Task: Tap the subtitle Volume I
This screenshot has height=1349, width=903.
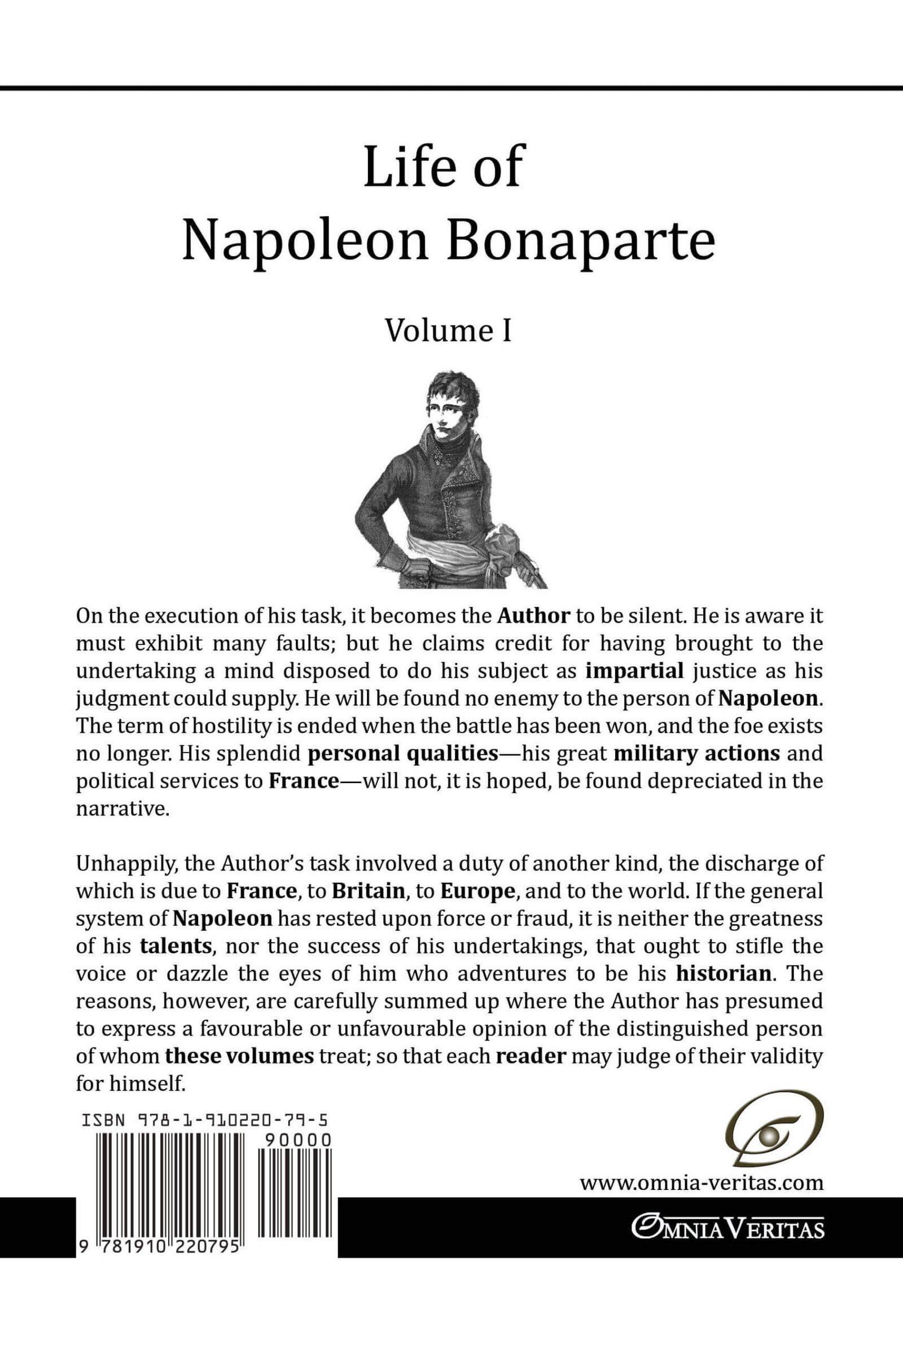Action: click(448, 331)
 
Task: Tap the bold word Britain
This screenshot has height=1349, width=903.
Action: click(369, 891)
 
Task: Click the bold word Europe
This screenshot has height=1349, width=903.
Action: click(477, 891)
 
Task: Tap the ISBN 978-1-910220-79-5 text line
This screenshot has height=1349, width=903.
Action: click(204, 1120)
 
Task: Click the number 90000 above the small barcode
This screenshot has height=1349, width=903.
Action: click(299, 1141)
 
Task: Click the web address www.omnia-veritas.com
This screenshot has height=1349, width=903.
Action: click(702, 1184)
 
